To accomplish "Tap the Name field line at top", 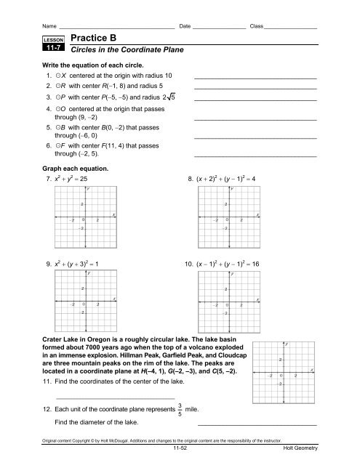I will click(x=116, y=9).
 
